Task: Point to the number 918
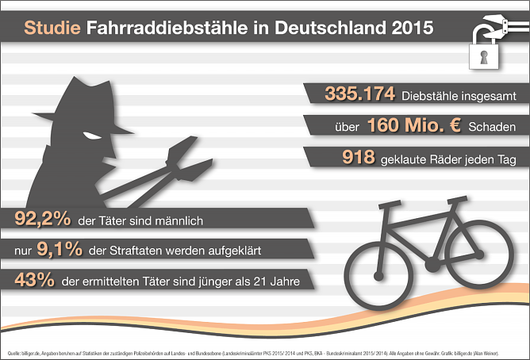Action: click(358, 158)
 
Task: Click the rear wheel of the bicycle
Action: click(378, 266)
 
